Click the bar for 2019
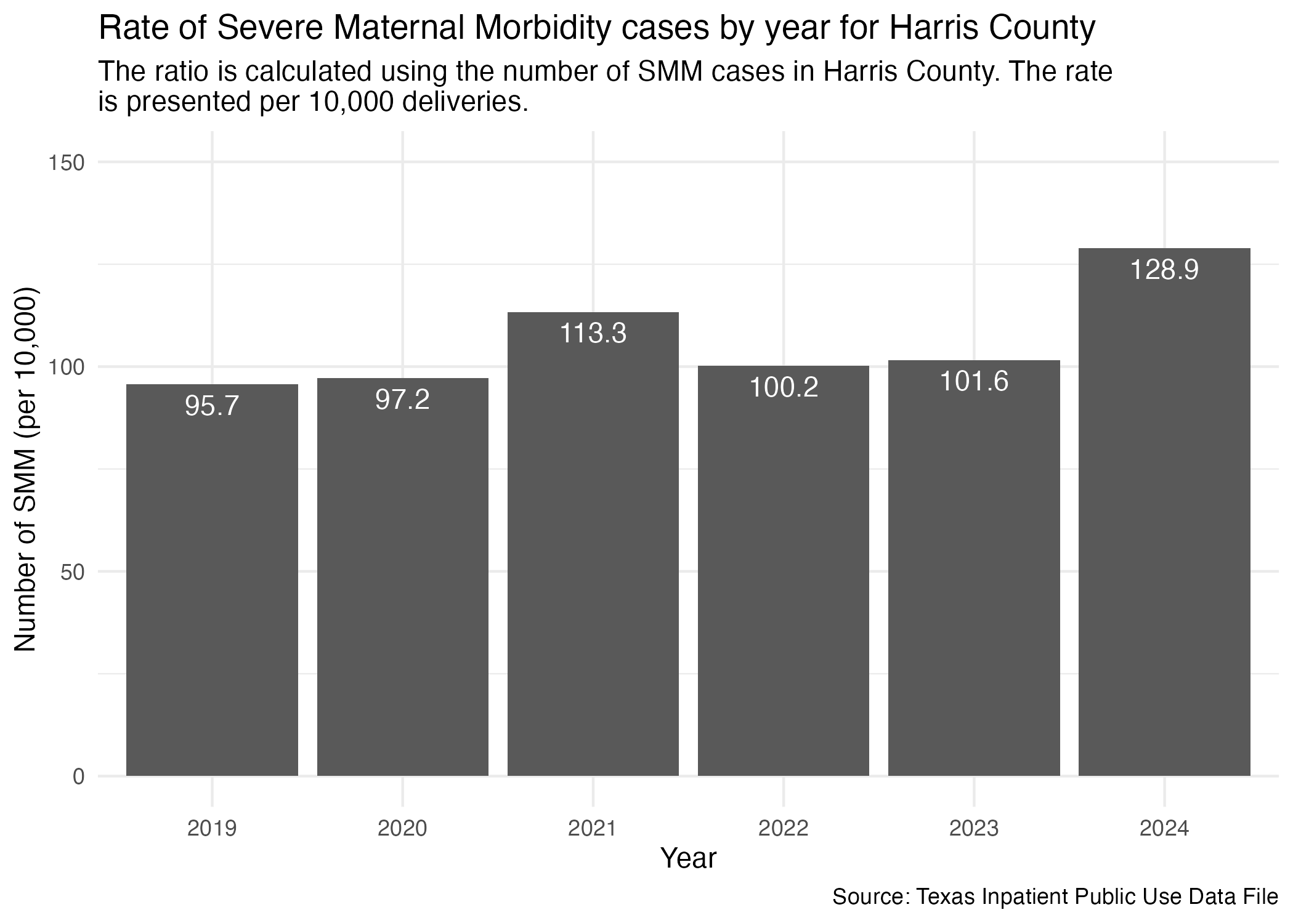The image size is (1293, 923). (x=212, y=579)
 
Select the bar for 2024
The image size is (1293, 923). (x=1164, y=511)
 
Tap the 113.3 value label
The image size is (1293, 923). (x=593, y=334)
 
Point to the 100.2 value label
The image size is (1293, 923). (x=784, y=387)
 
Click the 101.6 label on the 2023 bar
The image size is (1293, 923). (x=973, y=382)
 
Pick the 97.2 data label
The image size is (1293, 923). (x=402, y=400)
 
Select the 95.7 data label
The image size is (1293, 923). (x=212, y=406)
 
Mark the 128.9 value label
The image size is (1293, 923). (x=1164, y=270)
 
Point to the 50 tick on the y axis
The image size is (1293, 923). (x=73, y=572)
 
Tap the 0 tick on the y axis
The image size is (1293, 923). (x=78, y=776)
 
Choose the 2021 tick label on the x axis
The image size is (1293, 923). (x=593, y=829)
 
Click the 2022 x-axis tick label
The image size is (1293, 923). (x=783, y=829)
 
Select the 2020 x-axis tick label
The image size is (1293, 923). (x=402, y=829)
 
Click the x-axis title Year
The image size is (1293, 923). (x=688, y=858)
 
